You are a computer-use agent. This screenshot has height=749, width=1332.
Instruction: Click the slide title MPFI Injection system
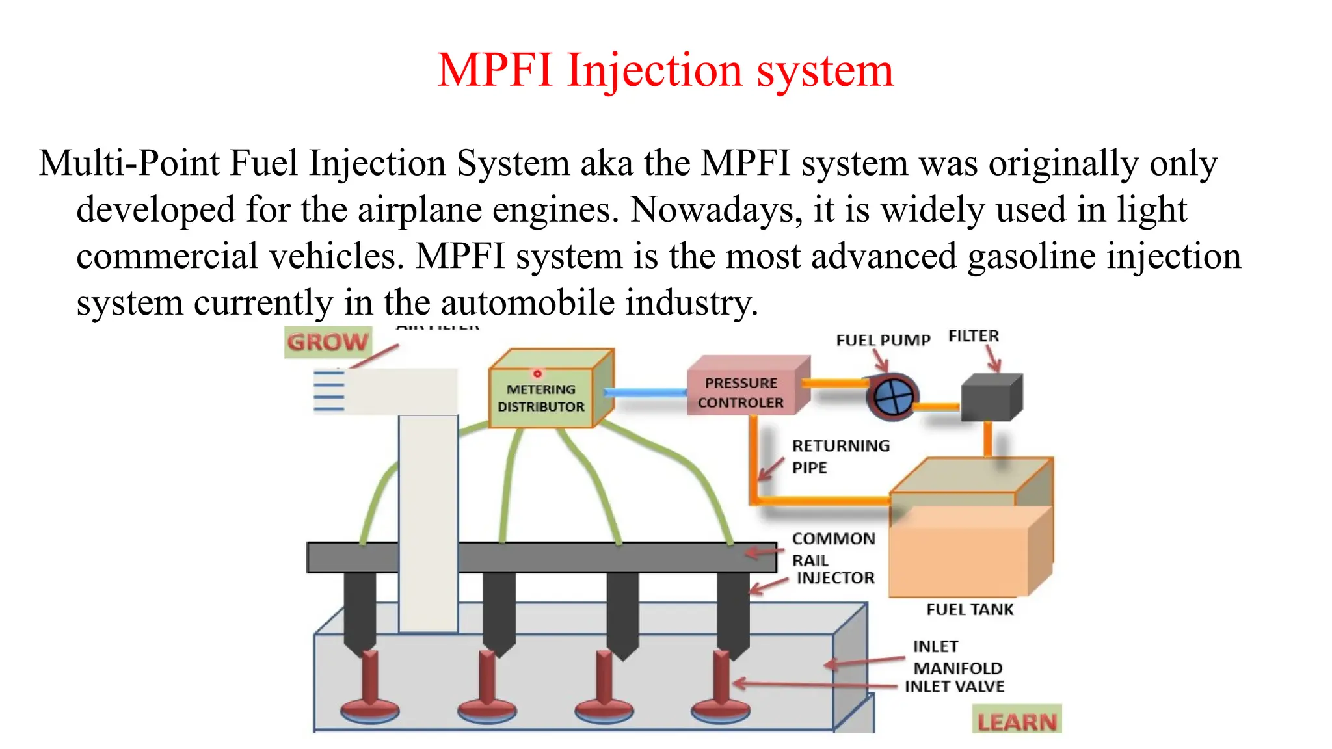[665, 70]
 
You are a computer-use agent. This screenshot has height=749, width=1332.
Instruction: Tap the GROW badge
[328, 342]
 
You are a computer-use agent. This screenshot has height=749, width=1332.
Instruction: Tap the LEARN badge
[1017, 720]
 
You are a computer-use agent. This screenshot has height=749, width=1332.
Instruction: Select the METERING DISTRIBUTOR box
[541, 397]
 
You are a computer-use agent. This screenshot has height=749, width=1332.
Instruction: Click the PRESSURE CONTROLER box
[741, 393]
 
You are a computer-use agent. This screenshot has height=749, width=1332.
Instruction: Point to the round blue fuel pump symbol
[892, 397]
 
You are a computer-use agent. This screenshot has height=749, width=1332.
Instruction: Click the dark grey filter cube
[990, 397]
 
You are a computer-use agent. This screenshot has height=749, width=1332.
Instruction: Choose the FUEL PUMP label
[883, 340]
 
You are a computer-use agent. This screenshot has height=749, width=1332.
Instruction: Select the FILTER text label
[973, 336]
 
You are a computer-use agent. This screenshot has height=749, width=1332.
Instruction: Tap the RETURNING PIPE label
[840, 456]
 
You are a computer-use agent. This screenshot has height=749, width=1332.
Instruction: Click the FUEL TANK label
[970, 609]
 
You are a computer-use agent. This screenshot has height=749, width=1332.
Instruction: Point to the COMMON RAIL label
[832, 549]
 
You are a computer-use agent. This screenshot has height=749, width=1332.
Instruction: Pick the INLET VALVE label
[954, 687]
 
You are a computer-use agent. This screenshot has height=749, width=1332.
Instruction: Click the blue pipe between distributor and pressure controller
[645, 392]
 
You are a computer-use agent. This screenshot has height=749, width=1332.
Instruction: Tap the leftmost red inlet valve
[370, 689]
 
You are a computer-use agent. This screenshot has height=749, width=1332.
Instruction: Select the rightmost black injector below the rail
[733, 611]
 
